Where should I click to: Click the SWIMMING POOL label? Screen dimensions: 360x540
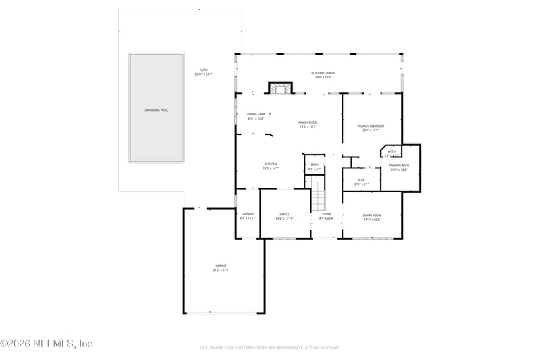click(156, 110)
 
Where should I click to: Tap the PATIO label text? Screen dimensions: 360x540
click(203, 70)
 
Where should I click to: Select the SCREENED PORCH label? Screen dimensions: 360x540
click(323, 73)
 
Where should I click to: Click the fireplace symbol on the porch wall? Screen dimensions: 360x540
click(280, 88)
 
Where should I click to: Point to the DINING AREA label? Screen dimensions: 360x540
click(256, 114)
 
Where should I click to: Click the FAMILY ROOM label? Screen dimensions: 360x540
click(308, 122)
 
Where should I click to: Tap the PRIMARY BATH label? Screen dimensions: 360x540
click(399, 165)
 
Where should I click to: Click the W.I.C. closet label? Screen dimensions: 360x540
click(361, 180)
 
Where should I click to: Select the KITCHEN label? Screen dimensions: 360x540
click(270, 163)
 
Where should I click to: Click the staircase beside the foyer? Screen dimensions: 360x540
click(318, 200)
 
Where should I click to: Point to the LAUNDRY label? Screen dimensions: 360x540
click(248, 214)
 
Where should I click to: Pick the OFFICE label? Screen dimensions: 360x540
click(284, 214)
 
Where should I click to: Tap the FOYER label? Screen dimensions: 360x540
click(326, 214)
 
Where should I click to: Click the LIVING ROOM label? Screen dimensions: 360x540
click(372, 215)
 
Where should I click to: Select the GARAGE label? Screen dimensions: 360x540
click(221, 265)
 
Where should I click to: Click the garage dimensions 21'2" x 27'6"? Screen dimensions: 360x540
click(221, 270)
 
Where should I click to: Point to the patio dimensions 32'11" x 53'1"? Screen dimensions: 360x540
click(203, 74)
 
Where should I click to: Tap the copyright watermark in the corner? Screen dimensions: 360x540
click(46, 344)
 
